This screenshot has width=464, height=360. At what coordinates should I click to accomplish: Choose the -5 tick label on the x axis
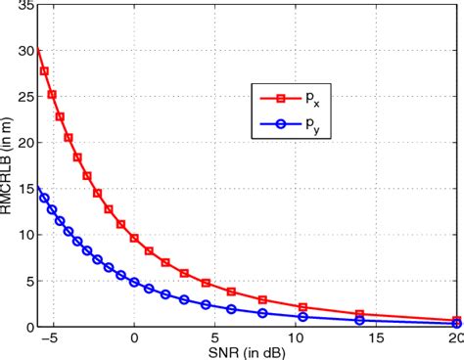[x=52, y=337]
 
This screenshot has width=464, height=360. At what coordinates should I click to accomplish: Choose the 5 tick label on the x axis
[x=215, y=337]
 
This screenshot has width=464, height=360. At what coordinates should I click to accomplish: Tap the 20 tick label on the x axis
[x=454, y=337]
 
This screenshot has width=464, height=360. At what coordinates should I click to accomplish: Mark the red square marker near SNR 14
[x=360, y=314]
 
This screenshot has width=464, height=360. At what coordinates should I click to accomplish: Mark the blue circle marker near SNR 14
[x=360, y=320]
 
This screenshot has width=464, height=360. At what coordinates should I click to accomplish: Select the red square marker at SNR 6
[x=231, y=292]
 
